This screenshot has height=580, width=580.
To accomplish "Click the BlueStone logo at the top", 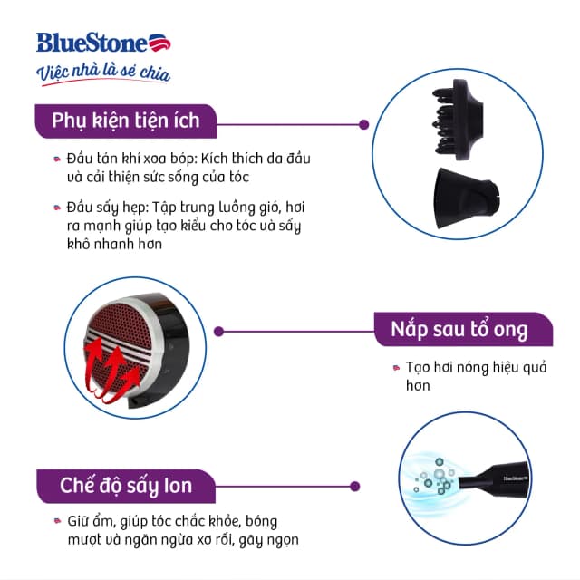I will point(102,43).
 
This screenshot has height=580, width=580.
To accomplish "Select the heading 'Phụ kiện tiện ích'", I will point(124,120).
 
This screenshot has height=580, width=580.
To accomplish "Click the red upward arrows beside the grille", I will point(107,372).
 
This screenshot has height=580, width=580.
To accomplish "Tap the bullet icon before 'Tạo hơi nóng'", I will point(396,367).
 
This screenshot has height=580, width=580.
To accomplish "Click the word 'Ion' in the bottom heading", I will point(176,486).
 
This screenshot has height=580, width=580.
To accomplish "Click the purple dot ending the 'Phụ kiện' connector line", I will point(364,125).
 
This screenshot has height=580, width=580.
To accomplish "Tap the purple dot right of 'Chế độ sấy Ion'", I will point(355,486).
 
